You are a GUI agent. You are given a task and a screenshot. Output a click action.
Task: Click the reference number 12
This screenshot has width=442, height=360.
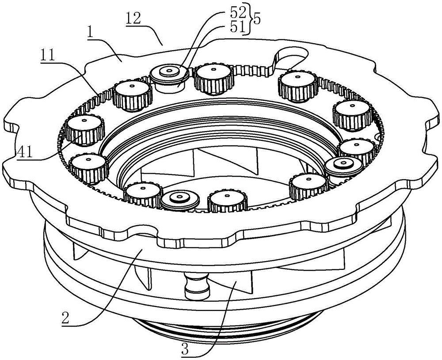(133, 19)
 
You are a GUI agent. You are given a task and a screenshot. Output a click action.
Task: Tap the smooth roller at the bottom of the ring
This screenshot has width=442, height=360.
(181, 200)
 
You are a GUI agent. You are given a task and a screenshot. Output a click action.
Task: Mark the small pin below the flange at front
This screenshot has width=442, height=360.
(197, 284)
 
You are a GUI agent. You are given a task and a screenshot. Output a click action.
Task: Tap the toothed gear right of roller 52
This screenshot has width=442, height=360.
(214, 80)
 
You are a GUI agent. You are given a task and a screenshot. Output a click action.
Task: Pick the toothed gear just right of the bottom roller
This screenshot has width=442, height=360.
(228, 201)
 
